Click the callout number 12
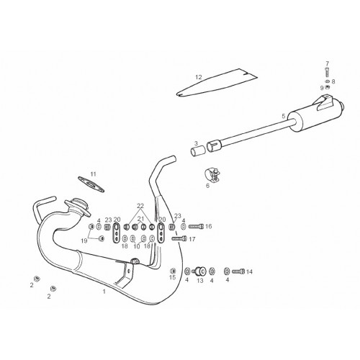click(199, 77)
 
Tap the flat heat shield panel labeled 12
click(216, 83)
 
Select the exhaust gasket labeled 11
click(91, 184)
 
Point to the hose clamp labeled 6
click(212, 175)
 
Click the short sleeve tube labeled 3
click(198, 151)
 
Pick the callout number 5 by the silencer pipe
click(284, 116)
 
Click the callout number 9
click(322, 88)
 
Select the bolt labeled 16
click(196, 226)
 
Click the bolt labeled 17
click(179, 238)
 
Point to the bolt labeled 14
click(238, 271)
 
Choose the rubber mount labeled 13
click(199, 271)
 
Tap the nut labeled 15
click(173, 271)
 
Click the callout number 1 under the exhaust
click(104, 292)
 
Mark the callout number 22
click(140, 206)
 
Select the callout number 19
click(84, 240)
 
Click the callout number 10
click(137, 246)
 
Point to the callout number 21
click(140, 219)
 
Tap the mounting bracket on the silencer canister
click(325, 102)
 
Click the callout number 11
click(93, 174)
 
